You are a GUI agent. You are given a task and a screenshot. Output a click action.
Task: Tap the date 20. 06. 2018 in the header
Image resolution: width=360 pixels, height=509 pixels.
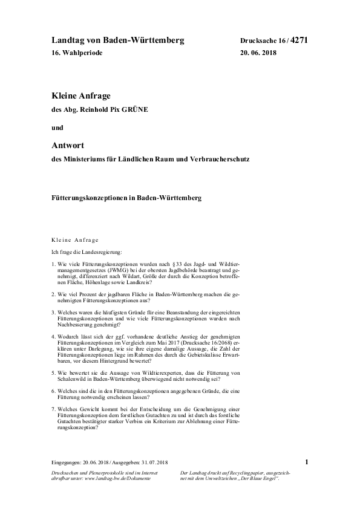261,53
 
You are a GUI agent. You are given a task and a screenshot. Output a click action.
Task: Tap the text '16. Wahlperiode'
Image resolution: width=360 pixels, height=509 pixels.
77,53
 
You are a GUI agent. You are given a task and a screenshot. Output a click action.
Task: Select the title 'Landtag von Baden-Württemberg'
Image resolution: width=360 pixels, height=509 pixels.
117,41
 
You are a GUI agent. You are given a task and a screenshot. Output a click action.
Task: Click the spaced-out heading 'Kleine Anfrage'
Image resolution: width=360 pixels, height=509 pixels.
75,240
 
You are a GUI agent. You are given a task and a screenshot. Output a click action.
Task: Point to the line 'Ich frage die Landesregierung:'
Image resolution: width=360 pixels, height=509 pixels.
87,251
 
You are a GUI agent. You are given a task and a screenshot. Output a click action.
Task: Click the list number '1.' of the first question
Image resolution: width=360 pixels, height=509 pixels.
54,265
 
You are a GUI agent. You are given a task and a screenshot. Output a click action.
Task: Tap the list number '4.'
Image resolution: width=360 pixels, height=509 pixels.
54,335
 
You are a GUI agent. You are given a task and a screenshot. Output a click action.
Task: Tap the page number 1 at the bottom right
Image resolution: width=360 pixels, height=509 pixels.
307,462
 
